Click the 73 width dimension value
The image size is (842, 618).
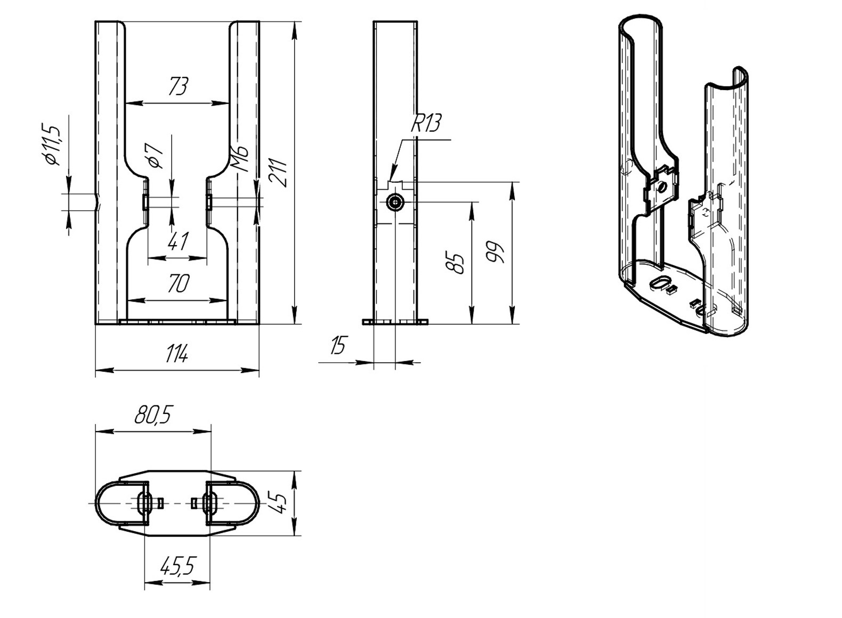pyautogui.click(x=179, y=86)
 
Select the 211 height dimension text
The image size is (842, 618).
pyautogui.click(x=279, y=173)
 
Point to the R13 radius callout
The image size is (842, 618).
pyautogui.click(x=426, y=123)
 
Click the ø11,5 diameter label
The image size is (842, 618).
pyautogui.click(x=52, y=144)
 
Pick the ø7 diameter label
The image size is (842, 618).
pyautogui.click(x=155, y=156)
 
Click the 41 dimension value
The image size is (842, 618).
pyautogui.click(x=178, y=241)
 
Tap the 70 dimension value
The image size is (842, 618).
pyautogui.click(x=178, y=283)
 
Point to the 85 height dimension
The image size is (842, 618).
pyautogui.click(x=455, y=262)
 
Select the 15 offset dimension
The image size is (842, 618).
pyautogui.click(x=337, y=345)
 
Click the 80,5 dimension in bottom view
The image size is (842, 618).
pyautogui.click(x=152, y=414)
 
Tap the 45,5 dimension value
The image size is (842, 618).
pyautogui.click(x=178, y=566)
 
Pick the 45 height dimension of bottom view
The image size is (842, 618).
pyautogui.click(x=279, y=503)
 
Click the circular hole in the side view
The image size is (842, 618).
pyautogui.click(x=395, y=202)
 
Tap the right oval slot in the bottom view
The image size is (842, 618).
pyautogui.click(x=209, y=503)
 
